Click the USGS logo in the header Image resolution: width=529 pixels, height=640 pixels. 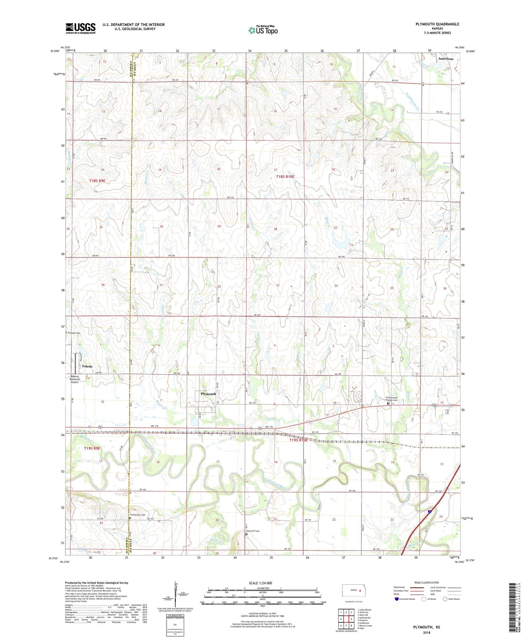[81, 28]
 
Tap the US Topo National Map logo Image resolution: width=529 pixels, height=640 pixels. [263, 30]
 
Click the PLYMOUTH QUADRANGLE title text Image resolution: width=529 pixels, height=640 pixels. [437, 24]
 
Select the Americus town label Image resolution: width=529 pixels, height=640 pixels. [445, 59]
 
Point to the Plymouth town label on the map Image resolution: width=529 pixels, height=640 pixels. [208, 394]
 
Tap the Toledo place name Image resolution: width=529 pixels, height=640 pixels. [87, 366]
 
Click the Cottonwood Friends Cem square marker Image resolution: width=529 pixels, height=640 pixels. [388, 404]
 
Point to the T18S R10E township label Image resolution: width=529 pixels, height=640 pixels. [285, 177]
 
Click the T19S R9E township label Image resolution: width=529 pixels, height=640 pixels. [92, 448]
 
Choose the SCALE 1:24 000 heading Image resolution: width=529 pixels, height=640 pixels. [260, 583]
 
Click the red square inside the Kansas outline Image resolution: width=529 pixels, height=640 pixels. [360, 591]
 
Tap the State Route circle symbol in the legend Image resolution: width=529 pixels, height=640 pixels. [445, 599]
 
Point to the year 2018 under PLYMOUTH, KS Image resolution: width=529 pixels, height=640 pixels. [426, 632]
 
